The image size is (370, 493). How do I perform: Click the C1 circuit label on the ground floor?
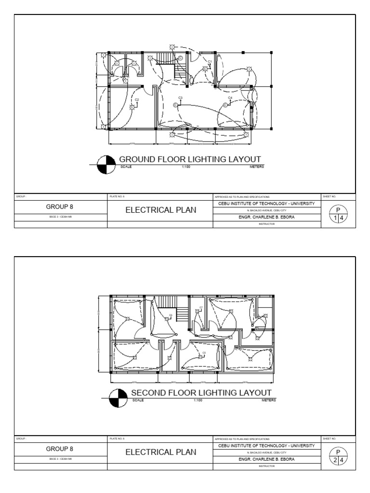pos(210,61)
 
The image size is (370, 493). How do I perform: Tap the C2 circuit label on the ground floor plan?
pos(137,100)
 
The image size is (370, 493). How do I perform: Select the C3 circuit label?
pos(180,98)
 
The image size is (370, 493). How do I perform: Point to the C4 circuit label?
pos(230,98)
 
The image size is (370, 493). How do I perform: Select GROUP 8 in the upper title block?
pos(60,207)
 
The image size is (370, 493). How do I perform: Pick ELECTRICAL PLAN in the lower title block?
pos(161,452)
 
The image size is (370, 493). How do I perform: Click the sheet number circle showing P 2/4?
pos(339,456)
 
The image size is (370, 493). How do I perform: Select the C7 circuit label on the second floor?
pos(201,307)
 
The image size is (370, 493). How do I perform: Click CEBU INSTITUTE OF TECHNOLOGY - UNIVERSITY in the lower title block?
pos(266,446)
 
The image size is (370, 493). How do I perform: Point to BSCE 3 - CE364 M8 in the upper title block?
pos(60,218)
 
